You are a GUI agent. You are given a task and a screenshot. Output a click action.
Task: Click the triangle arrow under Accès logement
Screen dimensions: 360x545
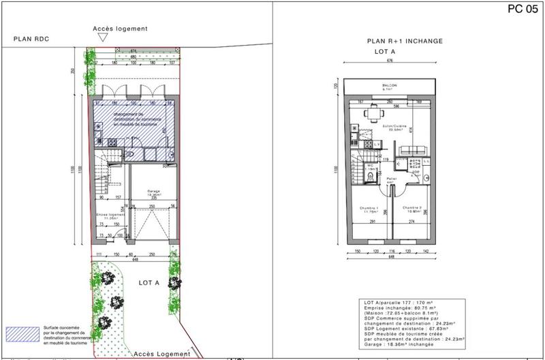click(102, 40)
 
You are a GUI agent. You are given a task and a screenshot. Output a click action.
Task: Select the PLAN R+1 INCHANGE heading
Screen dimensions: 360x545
click(405, 41)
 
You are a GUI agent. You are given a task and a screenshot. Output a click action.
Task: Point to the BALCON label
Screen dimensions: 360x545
click(390, 85)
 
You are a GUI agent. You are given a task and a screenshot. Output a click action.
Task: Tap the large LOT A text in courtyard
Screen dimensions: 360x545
click(149, 282)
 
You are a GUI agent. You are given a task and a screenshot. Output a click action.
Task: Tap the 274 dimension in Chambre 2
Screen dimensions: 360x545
click(412, 222)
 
